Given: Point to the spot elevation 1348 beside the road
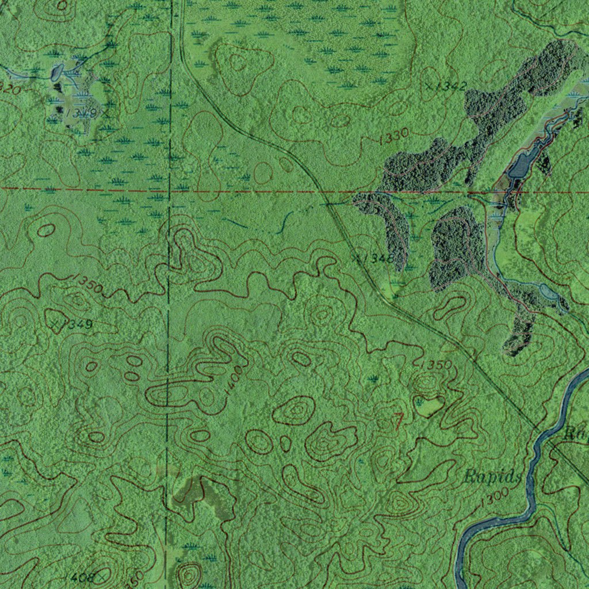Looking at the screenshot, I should tap(377, 258).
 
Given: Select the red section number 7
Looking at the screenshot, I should tap(397, 421).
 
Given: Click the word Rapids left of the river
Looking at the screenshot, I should tap(493, 476).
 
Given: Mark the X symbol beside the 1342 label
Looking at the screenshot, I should tap(429, 86).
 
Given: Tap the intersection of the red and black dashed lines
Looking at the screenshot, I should tap(170, 189).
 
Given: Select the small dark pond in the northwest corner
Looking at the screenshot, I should tap(58, 72).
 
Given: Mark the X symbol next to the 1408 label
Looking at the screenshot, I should tap(102, 575).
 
